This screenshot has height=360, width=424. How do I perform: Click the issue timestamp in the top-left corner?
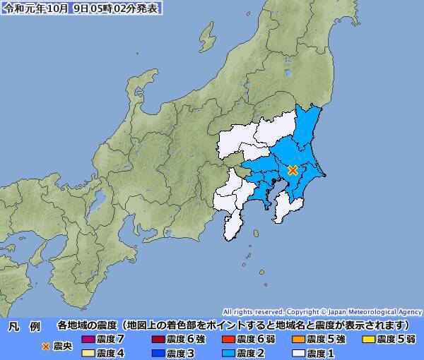click(x=82, y=8)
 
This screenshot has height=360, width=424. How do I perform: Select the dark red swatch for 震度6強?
click(x=158, y=340)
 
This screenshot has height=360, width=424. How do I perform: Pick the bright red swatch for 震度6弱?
click(x=228, y=340)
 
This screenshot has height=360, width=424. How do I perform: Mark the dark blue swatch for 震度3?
click(x=158, y=353)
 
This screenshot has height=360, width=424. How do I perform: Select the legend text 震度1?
click(x=320, y=353)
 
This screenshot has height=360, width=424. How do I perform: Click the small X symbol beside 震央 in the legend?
click(x=47, y=346)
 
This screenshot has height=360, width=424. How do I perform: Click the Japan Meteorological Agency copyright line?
click(x=322, y=311)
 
